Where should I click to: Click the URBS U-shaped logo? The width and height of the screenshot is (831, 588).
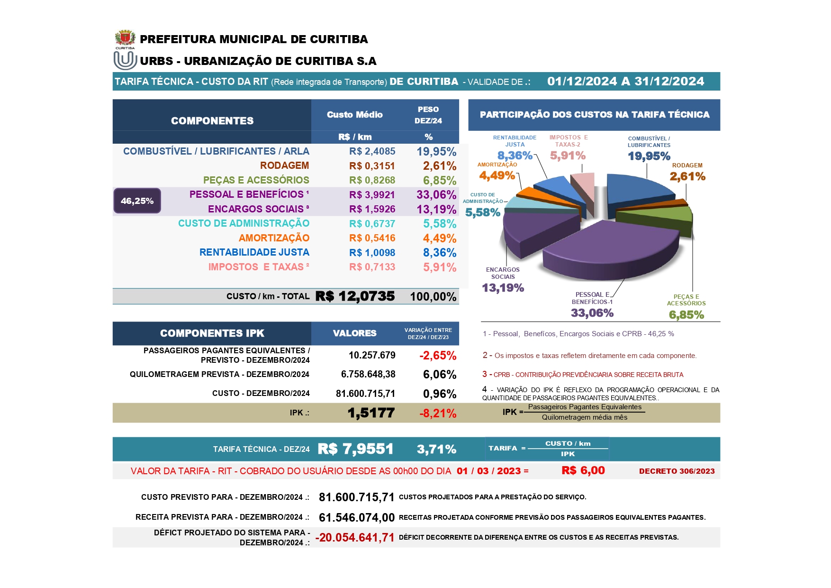point(125,61)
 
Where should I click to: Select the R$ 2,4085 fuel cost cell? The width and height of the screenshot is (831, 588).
point(372,151)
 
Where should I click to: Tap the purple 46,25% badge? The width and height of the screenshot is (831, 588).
point(137,201)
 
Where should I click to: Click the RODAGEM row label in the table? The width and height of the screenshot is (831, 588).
point(284,165)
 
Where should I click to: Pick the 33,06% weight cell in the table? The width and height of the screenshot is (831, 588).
point(436,194)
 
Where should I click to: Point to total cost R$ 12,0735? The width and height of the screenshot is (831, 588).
point(355,296)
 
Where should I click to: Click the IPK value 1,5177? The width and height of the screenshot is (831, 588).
point(370,413)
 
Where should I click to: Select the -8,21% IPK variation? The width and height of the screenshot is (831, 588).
point(437,413)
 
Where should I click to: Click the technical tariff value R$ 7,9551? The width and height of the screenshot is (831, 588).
point(355,449)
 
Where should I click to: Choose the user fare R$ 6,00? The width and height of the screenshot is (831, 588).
point(583,470)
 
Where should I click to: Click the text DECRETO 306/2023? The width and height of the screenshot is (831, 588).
point(676,471)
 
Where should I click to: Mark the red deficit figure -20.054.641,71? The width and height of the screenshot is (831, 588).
point(355,537)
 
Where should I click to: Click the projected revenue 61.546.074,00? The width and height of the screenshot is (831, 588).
point(356,517)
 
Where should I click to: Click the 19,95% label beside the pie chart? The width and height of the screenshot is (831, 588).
point(649,156)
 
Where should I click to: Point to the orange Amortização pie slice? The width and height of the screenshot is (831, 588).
point(535,194)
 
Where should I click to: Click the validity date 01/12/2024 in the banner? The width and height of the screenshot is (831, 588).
point(582,82)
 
